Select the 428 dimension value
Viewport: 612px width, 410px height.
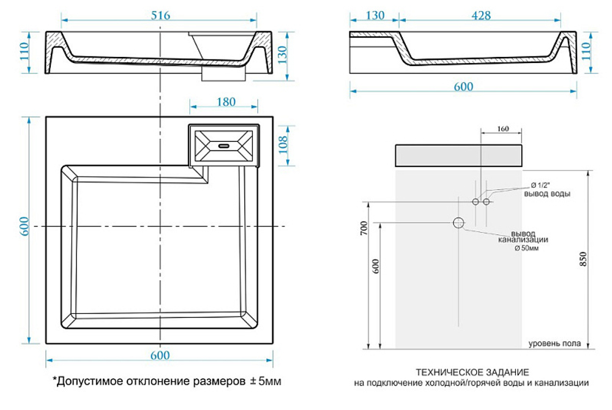pos(480,15)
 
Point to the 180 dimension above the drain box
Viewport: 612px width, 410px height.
pos(226,102)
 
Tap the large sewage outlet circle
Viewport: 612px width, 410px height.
pos(458,223)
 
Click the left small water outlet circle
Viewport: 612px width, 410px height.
pos(476,201)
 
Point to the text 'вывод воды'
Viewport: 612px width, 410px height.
pos(547,194)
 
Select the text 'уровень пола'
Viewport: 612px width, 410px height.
pos(554,344)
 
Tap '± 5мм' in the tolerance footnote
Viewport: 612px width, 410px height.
pos(266,381)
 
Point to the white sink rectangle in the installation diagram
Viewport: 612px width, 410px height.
pos(458,156)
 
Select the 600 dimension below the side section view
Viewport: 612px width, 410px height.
pos(463,86)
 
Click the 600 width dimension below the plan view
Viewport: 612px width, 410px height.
pos(159,354)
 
